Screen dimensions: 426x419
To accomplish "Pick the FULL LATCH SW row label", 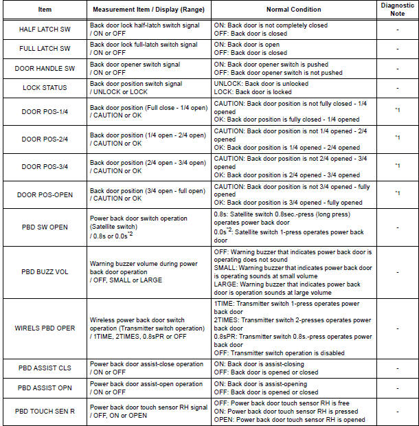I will pyautogui.click(x=45, y=49).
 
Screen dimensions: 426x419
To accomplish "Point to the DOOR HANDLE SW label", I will pyautogui.click(x=45, y=68).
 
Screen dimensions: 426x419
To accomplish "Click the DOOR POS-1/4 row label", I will pyautogui.click(x=45, y=111).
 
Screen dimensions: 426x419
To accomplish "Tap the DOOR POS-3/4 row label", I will pyautogui.click(x=45, y=166).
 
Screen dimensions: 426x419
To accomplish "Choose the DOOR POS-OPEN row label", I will pyautogui.click(x=45, y=194).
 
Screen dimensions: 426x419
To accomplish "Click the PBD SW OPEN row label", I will pyautogui.click(x=45, y=227).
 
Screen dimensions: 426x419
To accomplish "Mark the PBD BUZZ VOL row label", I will pyautogui.click(x=45, y=271).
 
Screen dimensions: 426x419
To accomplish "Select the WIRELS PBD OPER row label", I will pyautogui.click(x=45, y=328).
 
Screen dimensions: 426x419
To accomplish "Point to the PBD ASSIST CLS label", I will pyautogui.click(x=45, y=368).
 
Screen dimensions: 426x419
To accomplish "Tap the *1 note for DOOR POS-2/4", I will pyautogui.click(x=397, y=138).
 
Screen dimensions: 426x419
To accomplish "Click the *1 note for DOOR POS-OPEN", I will pyautogui.click(x=397, y=194).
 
